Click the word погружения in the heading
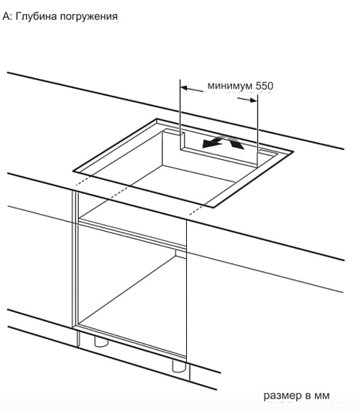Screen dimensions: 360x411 point(89,17)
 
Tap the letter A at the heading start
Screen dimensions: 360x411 point(6,16)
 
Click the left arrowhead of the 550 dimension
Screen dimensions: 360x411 point(184,88)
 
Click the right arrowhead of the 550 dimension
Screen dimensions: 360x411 point(253,100)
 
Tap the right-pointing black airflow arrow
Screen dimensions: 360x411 point(236,142)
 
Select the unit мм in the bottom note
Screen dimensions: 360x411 point(322,396)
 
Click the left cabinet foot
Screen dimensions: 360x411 point(101,341)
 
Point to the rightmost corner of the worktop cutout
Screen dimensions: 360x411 point(293,151)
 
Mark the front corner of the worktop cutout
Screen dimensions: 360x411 point(214,208)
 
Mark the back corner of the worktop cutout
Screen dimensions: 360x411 point(157,119)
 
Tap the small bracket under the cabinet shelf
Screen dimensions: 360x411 point(181,253)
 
